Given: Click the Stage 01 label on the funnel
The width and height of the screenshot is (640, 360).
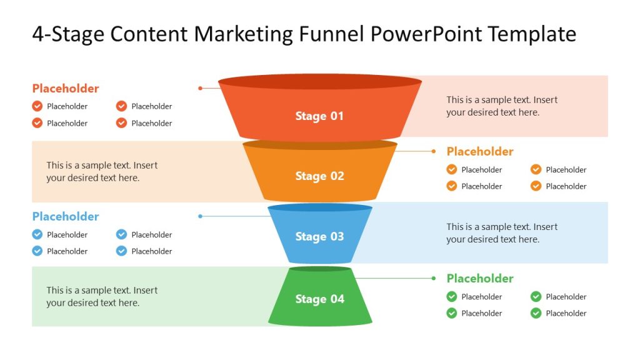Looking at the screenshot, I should (x=319, y=116).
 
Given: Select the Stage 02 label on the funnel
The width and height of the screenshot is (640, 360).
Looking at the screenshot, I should (x=319, y=176).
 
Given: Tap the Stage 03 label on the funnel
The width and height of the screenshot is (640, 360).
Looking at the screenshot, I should (x=319, y=237).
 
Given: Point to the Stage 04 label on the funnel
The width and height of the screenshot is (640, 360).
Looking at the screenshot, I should (x=319, y=299).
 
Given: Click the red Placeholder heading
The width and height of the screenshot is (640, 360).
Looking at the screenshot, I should (x=66, y=89).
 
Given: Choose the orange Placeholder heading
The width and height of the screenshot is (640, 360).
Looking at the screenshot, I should (x=480, y=152).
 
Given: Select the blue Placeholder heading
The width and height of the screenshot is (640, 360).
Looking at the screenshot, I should (x=66, y=217).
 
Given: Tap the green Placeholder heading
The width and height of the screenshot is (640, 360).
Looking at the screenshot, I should (x=480, y=279).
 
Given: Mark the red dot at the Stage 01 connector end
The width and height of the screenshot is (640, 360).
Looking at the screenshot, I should (x=200, y=88).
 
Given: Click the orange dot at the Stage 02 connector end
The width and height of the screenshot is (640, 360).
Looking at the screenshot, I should (x=434, y=151).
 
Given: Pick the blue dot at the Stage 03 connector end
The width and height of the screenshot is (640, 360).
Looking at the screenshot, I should (x=200, y=216).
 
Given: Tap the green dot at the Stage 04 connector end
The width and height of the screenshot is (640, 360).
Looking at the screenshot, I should (x=434, y=278).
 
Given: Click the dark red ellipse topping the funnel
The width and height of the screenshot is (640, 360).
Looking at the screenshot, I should (x=319, y=82).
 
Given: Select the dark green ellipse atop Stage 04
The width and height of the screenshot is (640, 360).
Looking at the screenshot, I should (x=319, y=269).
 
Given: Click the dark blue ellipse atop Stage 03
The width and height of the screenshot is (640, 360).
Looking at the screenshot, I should (x=319, y=207).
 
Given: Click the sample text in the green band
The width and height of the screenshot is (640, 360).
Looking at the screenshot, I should (x=102, y=297).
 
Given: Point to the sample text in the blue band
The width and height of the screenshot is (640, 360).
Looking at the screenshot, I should (x=502, y=233).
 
